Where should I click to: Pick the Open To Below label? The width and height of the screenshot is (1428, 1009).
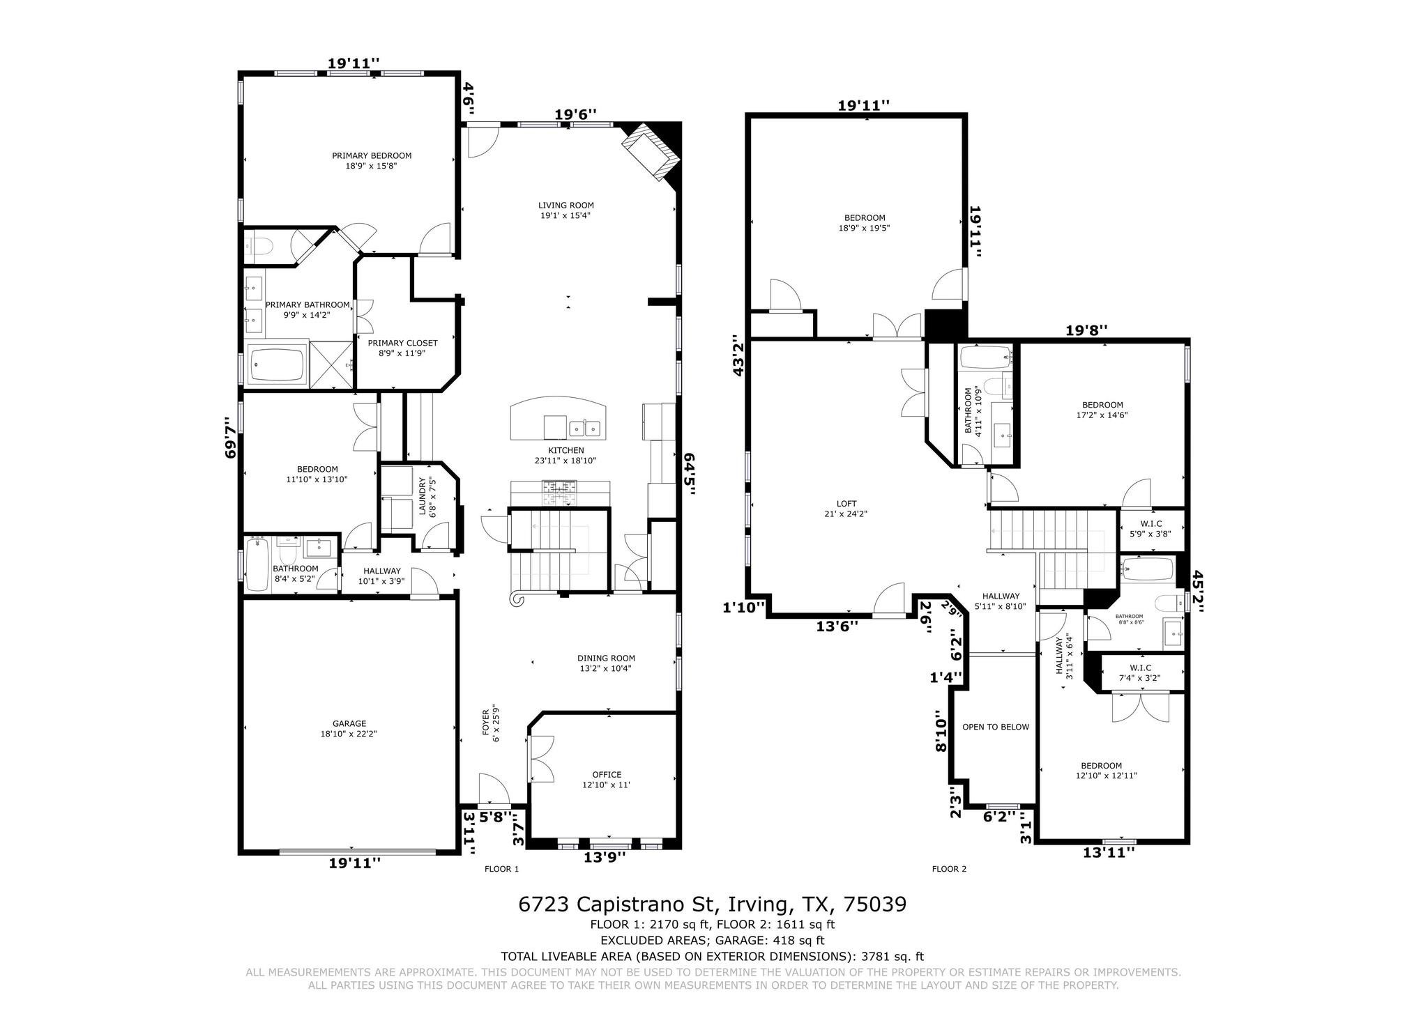coord(996,727)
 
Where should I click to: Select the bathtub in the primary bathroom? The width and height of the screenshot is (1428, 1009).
coord(278,364)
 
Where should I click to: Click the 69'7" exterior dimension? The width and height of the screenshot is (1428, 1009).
coord(229,438)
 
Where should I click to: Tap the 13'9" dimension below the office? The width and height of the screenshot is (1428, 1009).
coord(605,857)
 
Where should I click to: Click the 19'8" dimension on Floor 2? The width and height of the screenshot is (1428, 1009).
coord(1087,330)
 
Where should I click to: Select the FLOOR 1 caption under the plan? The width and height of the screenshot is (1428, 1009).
coord(501,869)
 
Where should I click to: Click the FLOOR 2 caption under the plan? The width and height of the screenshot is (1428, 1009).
coord(949,869)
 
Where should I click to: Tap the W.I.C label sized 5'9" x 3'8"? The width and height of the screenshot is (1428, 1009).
coord(1150,529)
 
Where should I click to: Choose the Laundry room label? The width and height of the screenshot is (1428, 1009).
coord(426,495)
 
